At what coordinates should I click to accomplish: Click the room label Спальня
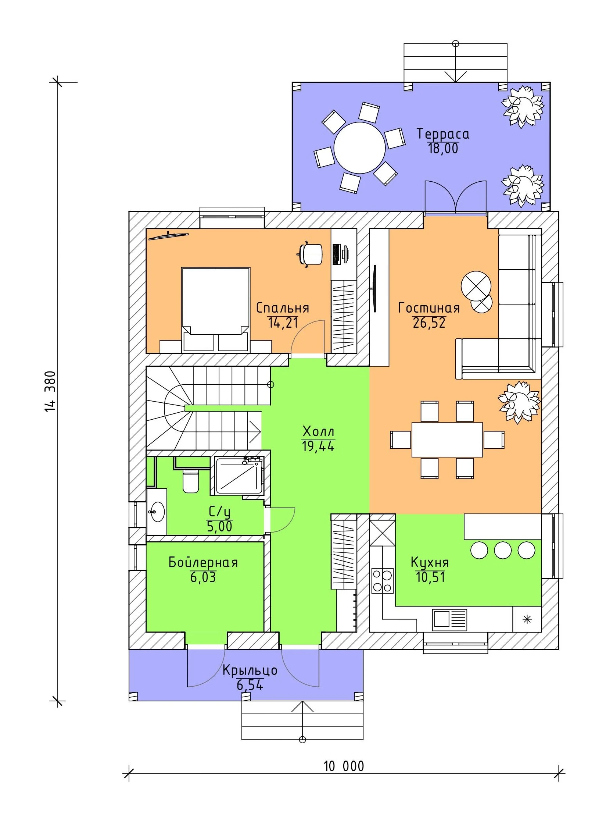click(282, 308)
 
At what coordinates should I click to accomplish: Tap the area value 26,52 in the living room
click(429, 323)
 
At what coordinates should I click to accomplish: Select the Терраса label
click(443, 134)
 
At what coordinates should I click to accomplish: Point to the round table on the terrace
click(359, 147)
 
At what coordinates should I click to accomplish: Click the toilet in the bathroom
click(191, 480)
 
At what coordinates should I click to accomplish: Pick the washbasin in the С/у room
click(157, 511)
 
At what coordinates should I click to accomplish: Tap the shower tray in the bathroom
click(239, 476)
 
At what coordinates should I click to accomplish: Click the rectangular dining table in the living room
click(447, 440)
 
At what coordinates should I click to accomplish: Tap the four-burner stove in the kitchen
click(382, 581)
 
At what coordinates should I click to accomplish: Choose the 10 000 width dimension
click(344, 766)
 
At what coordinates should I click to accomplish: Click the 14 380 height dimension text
click(50, 391)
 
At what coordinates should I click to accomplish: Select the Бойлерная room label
click(203, 563)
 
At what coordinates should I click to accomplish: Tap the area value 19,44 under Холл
click(318, 446)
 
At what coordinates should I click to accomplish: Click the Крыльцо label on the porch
click(250, 670)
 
